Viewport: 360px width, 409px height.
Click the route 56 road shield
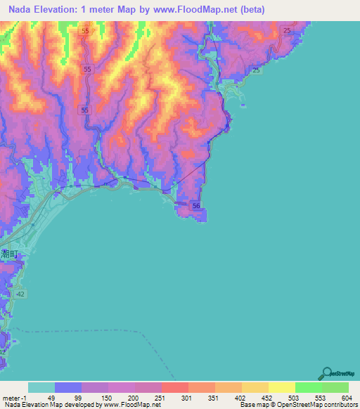(x=196, y=205)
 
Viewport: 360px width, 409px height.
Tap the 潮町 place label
(x=11, y=254)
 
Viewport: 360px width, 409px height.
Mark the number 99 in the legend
(x=77, y=397)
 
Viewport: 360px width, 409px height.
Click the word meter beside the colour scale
(x=9, y=397)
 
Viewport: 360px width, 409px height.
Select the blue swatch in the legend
(x=68, y=387)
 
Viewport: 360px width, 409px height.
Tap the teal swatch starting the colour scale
(x=41, y=387)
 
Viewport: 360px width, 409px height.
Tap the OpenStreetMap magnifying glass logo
(x=327, y=373)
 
